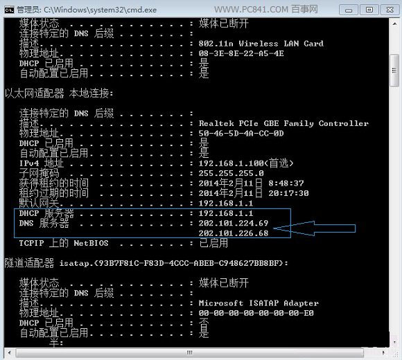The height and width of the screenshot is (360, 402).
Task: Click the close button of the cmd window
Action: (390, 10)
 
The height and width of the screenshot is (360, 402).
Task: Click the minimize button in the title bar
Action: (349, 10)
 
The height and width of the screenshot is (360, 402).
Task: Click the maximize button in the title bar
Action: (369, 10)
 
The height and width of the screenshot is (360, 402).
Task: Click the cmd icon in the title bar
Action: (9, 10)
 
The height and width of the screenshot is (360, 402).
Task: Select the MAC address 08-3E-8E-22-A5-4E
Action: (241, 53)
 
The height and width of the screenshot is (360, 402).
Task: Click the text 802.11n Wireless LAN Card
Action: (261, 44)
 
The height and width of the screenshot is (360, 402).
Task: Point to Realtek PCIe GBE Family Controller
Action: (283, 123)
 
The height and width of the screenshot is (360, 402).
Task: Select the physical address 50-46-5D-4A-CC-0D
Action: (241, 134)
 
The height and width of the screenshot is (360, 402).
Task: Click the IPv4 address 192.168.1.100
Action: (231, 163)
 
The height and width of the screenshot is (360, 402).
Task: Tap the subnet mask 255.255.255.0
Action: (231, 173)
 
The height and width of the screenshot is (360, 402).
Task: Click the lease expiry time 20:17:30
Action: (288, 193)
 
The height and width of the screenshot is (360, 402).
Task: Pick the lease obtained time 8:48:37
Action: (286, 183)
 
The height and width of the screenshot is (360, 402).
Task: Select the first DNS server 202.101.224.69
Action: (234, 224)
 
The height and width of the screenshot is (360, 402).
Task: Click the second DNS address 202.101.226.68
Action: (234, 233)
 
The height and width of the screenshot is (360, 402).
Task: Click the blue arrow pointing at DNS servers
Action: (314, 228)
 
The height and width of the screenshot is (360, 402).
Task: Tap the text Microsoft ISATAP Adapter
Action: (259, 303)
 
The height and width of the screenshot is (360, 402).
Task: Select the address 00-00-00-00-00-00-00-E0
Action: (256, 313)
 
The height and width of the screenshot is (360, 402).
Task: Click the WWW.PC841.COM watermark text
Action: (251, 10)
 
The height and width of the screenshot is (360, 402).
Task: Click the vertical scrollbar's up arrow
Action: (394, 24)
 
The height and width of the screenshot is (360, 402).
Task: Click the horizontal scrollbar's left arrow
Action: (10, 352)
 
